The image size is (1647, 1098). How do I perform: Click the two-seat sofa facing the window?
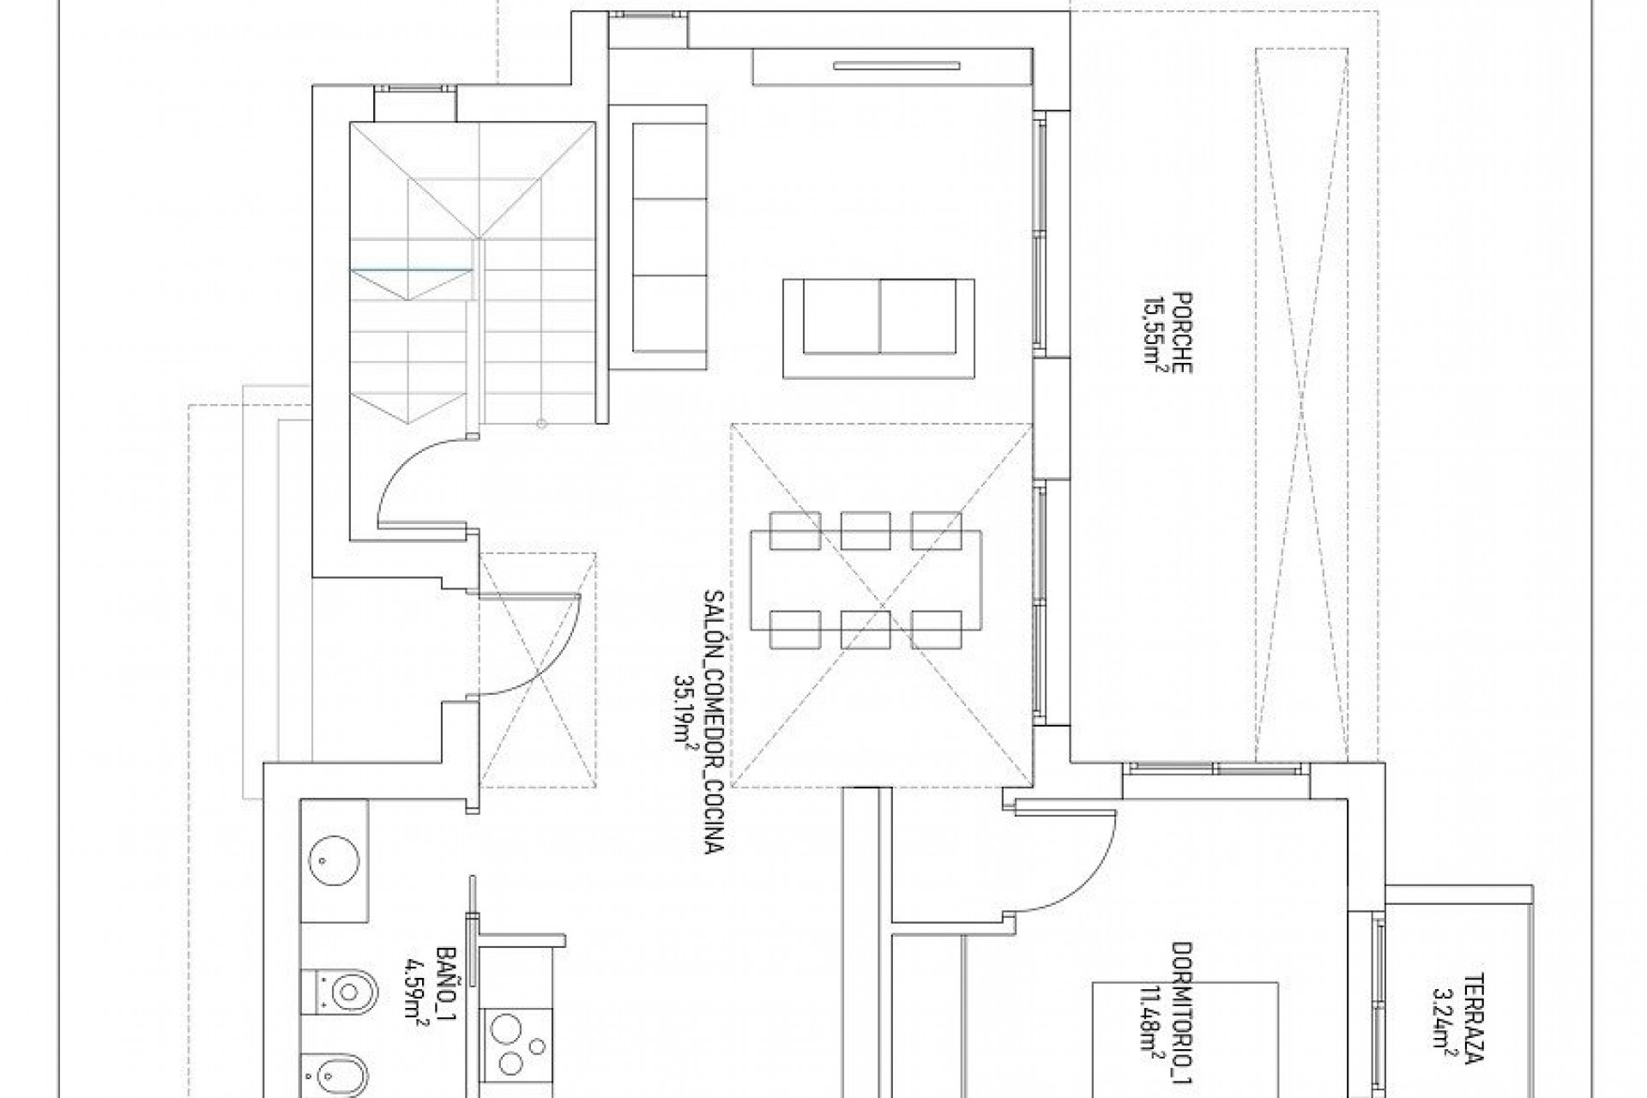878,328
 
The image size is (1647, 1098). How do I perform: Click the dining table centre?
866,580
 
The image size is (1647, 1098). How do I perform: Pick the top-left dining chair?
795,530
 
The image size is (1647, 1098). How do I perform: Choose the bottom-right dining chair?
936,630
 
